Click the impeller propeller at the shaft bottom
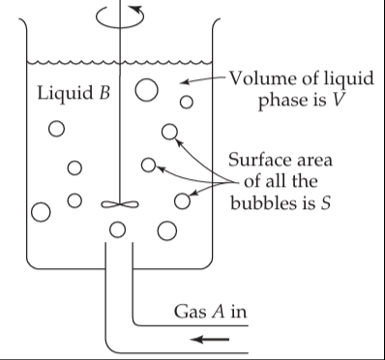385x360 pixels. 120,204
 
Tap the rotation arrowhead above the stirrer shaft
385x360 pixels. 137,10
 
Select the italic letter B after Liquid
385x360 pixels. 104,93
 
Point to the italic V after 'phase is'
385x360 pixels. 337,101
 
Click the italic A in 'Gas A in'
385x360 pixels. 218,312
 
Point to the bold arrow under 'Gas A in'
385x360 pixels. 210,340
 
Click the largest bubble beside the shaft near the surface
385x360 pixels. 146,90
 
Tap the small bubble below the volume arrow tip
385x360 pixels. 187,103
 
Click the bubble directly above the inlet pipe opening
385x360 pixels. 117,229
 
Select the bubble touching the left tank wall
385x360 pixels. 41,212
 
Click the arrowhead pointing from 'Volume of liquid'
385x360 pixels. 185,82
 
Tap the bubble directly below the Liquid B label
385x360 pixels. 56,129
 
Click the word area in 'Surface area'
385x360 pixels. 316,161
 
